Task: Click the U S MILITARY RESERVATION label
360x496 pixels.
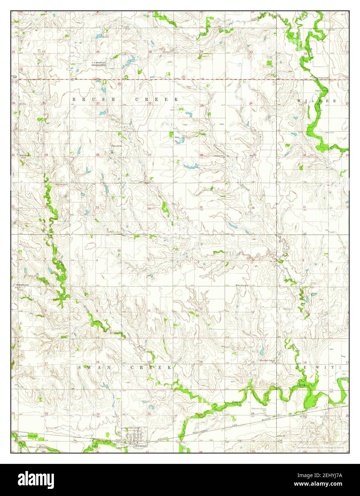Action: (x=99, y=64)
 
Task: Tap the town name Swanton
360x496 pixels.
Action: (x=141, y=446)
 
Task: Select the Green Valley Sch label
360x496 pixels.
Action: (x=320, y=78)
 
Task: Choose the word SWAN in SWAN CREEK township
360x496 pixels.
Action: (x=89, y=367)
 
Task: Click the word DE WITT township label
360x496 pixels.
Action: (x=317, y=367)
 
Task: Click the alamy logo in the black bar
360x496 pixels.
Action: (x=37, y=479)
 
